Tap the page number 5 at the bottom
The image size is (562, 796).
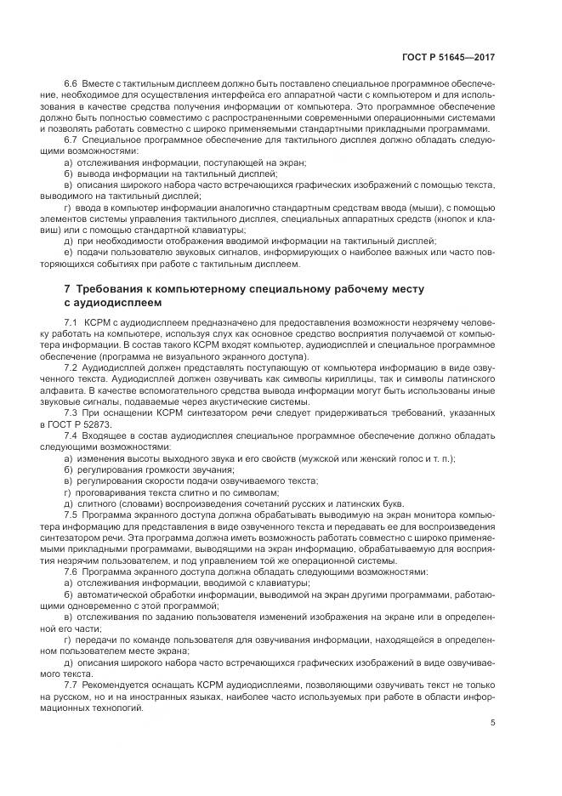(493, 723)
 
